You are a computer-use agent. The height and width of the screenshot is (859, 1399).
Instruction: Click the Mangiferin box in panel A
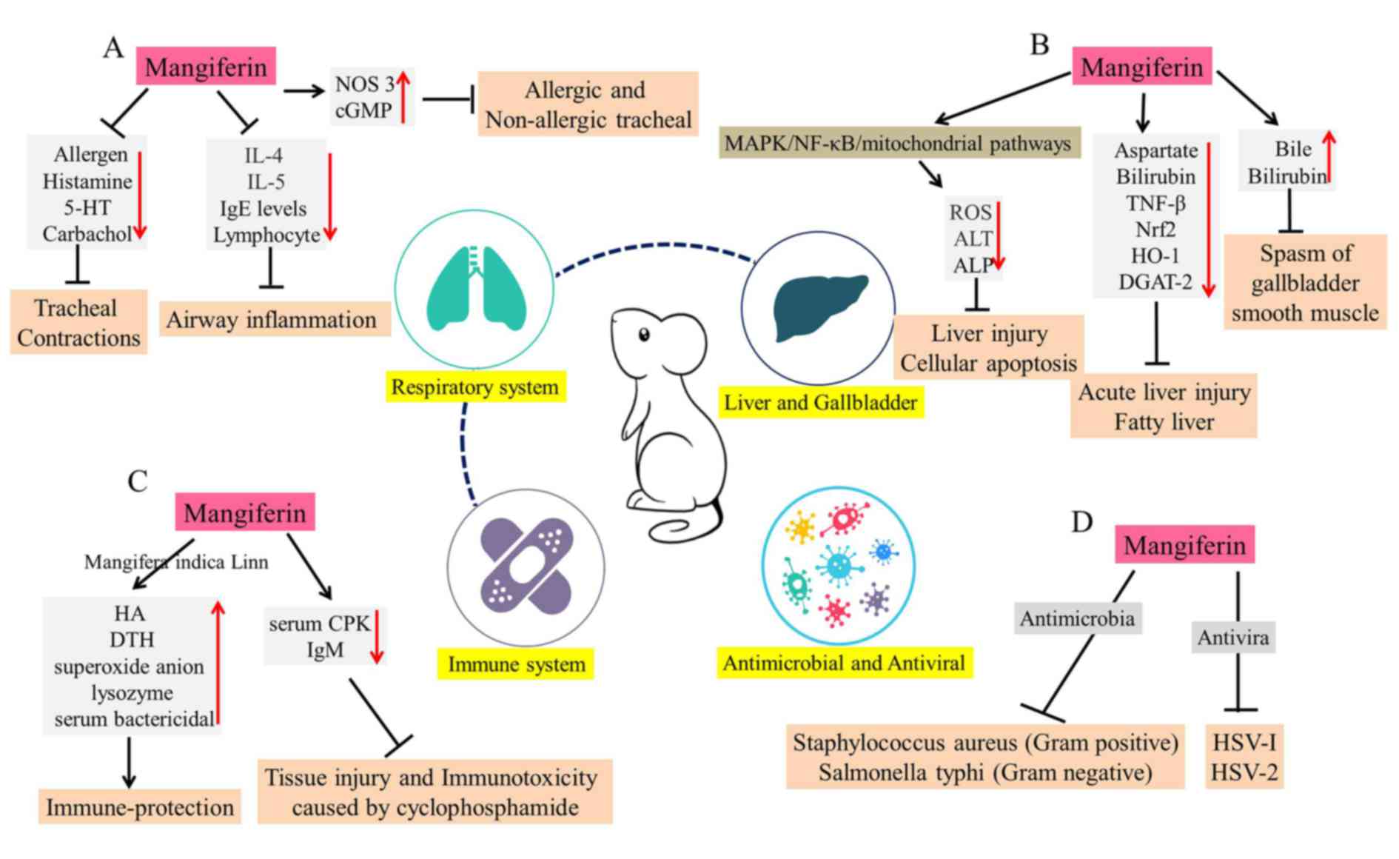click(x=206, y=67)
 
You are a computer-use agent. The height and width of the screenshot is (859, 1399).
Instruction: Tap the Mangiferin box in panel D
click(x=1184, y=546)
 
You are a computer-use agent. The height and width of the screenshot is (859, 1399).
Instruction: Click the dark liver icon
click(x=819, y=306)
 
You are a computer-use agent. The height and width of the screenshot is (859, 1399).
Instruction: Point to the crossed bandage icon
click(x=526, y=566)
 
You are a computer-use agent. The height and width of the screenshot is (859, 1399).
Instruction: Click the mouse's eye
click(x=644, y=335)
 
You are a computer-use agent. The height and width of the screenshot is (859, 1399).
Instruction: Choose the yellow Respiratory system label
click(x=475, y=387)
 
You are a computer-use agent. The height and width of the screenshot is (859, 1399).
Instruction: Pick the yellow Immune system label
click(x=516, y=664)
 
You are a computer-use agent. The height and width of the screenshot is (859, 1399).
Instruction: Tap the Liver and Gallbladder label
click(x=820, y=403)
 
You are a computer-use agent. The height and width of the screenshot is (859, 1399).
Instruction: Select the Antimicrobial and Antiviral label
click(x=844, y=663)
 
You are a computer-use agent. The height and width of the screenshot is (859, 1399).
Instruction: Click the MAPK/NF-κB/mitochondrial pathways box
click(x=898, y=143)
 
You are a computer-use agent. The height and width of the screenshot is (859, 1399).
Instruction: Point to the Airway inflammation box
click(x=272, y=320)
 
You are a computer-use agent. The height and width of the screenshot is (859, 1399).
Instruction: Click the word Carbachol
click(x=87, y=234)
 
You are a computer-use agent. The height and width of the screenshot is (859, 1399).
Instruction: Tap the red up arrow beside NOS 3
click(x=403, y=96)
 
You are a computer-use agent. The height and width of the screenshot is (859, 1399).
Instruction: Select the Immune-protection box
click(x=140, y=807)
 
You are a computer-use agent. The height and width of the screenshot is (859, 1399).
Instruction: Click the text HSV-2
click(x=1244, y=773)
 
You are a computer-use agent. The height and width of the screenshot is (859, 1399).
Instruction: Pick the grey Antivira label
click(x=1233, y=637)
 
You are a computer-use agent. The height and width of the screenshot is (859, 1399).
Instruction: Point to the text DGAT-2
click(x=1155, y=282)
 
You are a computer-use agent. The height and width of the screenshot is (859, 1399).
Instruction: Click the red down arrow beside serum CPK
click(x=377, y=636)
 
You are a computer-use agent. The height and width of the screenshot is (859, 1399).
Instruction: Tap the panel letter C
click(x=138, y=481)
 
